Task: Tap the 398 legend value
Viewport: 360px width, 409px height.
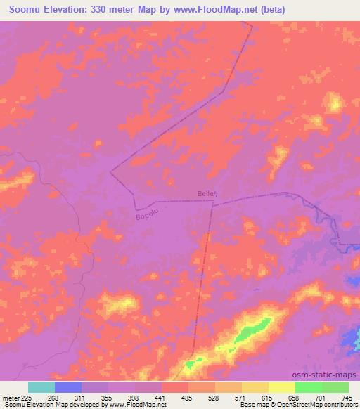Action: coord(135,397)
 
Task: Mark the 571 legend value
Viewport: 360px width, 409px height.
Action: coord(242,397)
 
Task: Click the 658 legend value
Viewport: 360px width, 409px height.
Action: coord(295,397)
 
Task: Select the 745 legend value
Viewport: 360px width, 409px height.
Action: coord(347,397)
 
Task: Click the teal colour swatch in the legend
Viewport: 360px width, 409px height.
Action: coord(41,387)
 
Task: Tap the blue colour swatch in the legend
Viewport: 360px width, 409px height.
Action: coord(68,387)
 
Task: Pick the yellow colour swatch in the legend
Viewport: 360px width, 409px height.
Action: coord(282,387)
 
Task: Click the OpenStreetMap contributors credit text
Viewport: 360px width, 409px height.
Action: coord(321,405)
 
